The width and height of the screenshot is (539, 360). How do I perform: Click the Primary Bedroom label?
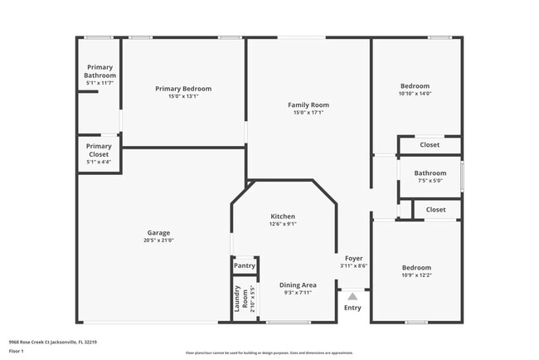[183, 89]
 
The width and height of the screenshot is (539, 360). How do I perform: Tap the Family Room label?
[308, 105]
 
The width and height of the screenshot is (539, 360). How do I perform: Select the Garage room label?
[158, 233]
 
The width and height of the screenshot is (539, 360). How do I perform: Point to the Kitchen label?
[283, 216]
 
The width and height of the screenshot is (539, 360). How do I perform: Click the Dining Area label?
[297, 285]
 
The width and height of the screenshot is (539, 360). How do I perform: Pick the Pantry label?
[245, 266]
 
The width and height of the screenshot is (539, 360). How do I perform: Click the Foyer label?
[353, 258]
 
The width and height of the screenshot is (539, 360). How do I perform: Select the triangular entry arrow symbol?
[352, 295]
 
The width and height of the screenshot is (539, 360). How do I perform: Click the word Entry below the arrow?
[352, 309]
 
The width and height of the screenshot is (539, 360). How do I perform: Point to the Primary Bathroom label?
[100, 71]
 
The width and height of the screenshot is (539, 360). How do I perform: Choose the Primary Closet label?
[99, 150]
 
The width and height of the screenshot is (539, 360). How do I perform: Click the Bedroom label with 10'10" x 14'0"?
[415, 86]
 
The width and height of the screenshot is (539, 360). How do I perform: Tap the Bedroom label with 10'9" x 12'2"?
[416, 268]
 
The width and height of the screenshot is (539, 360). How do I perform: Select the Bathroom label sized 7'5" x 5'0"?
[430, 173]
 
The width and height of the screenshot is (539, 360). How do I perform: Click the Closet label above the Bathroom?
[430, 145]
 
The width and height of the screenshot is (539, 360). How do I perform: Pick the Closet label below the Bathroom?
[435, 210]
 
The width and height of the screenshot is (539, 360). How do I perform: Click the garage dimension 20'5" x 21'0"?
[158, 241]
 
